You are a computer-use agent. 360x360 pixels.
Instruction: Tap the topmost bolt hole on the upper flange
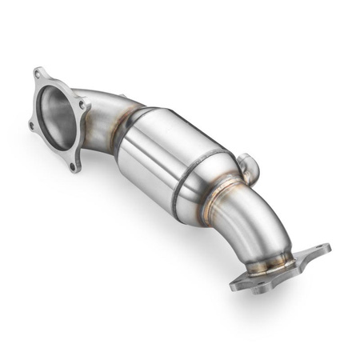(x=37, y=74)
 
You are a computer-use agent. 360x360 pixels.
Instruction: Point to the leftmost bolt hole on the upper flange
(x=30, y=126)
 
